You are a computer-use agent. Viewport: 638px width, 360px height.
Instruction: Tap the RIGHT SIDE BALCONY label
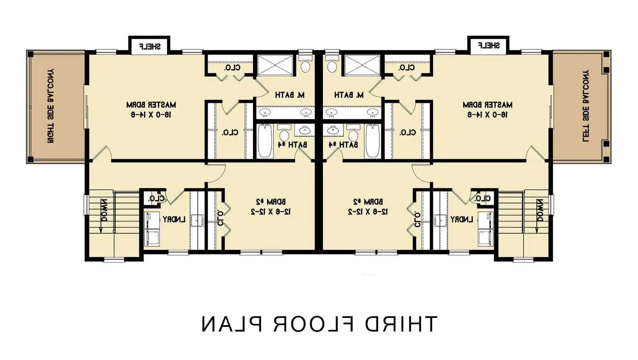pos(50,105)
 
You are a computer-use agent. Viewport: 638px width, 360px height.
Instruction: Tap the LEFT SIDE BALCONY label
pos(586,105)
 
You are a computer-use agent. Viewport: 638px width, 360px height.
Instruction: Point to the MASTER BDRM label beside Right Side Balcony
pos(151,109)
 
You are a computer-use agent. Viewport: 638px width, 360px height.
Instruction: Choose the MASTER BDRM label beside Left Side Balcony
pos(487,109)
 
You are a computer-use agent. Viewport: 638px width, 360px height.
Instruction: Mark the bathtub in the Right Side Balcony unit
pos(265,140)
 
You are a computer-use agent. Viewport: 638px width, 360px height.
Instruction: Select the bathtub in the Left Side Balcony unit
pos(373,140)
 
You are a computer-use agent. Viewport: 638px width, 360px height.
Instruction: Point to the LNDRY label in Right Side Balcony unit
pos(174,219)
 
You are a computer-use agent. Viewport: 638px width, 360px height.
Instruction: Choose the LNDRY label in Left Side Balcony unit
pos(462,219)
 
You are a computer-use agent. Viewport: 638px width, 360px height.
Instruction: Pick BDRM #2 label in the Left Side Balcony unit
pos(368,206)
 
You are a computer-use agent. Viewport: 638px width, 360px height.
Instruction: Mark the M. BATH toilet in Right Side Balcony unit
pos(305,65)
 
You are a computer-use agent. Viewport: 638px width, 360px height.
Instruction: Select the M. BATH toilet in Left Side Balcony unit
pos(332,65)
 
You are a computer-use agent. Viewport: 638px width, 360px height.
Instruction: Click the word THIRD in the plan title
pos(400,324)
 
